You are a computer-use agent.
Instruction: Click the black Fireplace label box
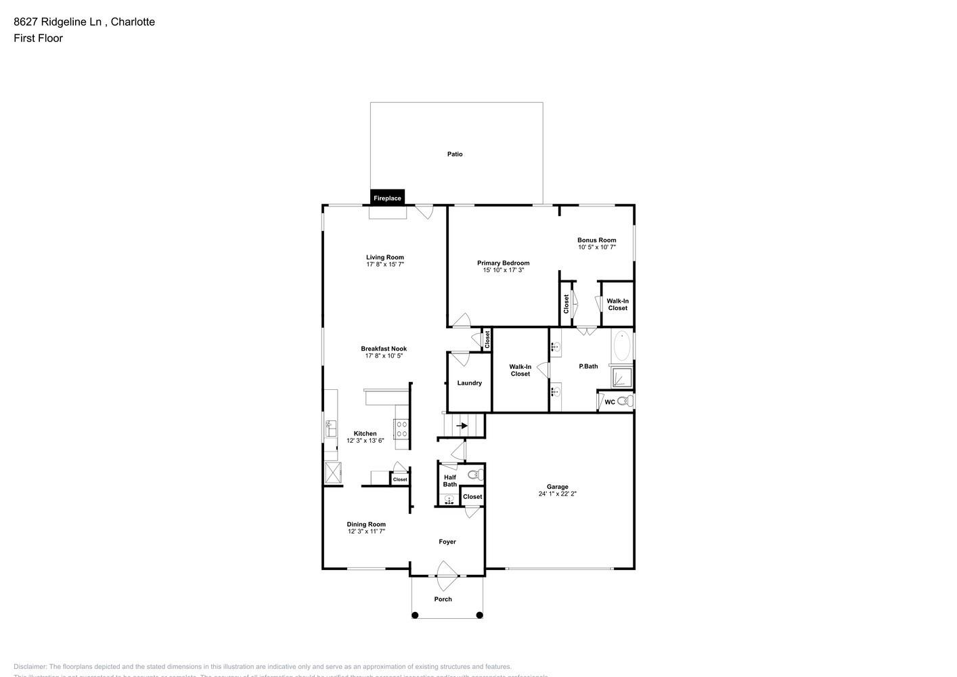(x=387, y=198)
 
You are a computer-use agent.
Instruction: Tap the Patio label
(x=455, y=154)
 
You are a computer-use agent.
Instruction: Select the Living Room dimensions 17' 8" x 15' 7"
(x=385, y=265)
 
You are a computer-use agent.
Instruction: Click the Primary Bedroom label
(x=503, y=263)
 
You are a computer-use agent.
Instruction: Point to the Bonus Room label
(x=596, y=240)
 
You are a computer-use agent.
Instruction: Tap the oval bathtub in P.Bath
(x=622, y=346)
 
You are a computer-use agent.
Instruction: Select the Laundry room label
(x=469, y=383)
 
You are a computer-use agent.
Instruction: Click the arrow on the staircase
(x=463, y=426)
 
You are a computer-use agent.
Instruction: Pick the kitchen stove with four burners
(x=401, y=429)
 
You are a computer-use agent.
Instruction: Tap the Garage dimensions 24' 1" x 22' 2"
(x=557, y=494)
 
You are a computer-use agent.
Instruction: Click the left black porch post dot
(x=415, y=615)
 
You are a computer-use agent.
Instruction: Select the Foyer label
(x=447, y=542)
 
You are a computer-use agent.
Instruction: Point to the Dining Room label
(x=366, y=524)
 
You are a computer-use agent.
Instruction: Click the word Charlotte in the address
(x=133, y=22)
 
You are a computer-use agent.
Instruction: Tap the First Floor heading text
(x=38, y=38)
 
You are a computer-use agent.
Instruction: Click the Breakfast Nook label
(x=384, y=349)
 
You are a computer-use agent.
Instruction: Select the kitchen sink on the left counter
(x=332, y=429)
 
